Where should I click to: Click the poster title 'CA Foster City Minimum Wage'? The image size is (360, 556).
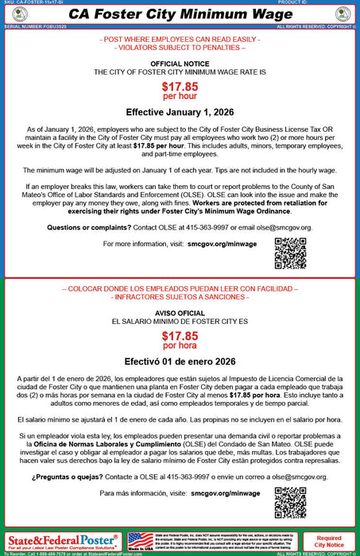click(180, 14)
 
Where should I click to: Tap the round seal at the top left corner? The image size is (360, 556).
click(16, 14)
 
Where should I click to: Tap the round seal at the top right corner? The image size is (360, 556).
click(343, 14)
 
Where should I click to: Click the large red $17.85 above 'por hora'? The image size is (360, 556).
click(180, 336)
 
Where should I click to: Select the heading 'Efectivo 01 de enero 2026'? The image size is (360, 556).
click(180, 360)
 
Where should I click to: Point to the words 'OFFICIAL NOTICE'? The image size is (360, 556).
click(180, 63)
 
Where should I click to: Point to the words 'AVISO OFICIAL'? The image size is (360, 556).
click(180, 313)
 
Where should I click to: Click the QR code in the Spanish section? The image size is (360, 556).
click(290, 501)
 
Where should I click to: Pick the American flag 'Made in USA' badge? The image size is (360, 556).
click(141, 542)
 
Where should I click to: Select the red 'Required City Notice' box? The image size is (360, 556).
click(329, 542)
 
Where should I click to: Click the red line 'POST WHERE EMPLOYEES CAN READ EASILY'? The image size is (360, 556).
click(180, 39)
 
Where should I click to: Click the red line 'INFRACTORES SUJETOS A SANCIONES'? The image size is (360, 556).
click(180, 296)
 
